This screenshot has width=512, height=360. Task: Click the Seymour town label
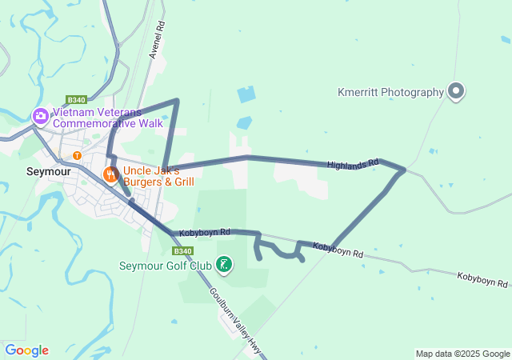[x=49, y=172]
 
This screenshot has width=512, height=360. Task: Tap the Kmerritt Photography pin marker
[x=456, y=92]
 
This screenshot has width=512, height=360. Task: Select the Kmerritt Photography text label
[x=390, y=92]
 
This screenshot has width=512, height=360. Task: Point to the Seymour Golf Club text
[x=165, y=266]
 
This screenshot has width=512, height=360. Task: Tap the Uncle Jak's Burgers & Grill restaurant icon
[x=110, y=173]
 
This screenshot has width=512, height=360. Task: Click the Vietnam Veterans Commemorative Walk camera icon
[x=40, y=117]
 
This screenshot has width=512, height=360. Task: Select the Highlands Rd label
[x=352, y=164]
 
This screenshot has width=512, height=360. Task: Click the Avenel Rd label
[x=157, y=40]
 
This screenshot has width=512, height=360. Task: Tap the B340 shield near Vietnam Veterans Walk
[x=77, y=100]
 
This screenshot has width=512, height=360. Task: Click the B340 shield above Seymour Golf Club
[x=182, y=250]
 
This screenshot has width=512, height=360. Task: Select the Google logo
[x=26, y=350]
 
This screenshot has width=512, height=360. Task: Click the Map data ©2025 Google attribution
[x=462, y=354]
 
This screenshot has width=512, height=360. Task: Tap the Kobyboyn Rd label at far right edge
[x=483, y=280]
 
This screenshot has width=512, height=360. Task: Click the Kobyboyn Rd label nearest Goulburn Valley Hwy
[x=202, y=232]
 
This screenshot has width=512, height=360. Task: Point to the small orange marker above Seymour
[x=77, y=155]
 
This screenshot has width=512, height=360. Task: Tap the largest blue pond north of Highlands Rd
[x=246, y=94]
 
